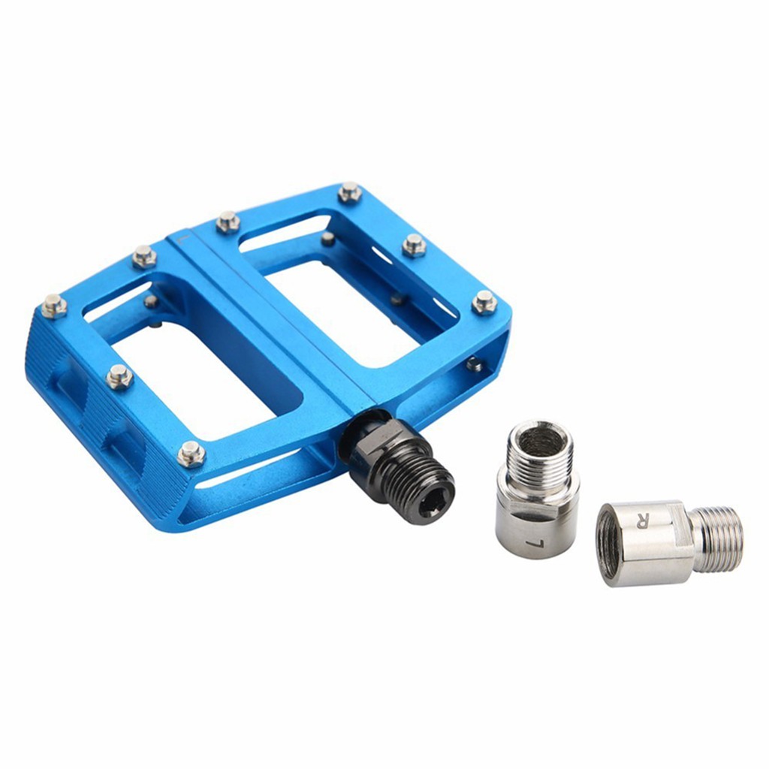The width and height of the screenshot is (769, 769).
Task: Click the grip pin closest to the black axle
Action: [x=191, y=453]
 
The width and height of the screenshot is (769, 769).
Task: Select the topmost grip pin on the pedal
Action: [x=349, y=192]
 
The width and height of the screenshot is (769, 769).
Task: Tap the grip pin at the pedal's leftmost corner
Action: [x=53, y=306]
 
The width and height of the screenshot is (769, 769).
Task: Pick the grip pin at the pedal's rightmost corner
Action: [x=484, y=302]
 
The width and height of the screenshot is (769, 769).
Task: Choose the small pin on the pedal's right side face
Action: [x=474, y=364]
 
